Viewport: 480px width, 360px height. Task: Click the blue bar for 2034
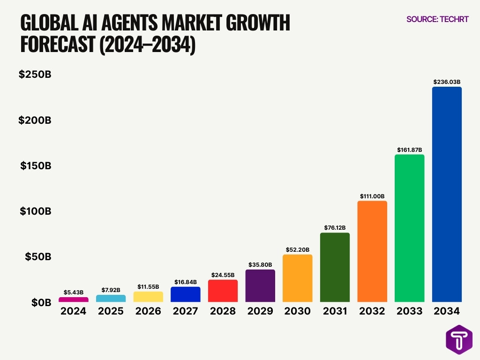click(447, 194)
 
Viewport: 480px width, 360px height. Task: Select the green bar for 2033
click(409, 228)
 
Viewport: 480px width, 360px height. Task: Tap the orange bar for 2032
click(372, 251)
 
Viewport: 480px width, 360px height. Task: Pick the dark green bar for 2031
click(335, 267)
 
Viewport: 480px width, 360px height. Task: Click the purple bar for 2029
click(260, 285)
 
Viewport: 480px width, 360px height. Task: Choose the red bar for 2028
click(223, 291)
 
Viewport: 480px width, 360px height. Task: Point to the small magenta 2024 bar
click(74, 299)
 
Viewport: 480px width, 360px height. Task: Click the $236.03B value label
click(447, 82)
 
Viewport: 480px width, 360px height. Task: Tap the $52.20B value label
click(297, 250)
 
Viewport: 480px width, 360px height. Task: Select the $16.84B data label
click(185, 282)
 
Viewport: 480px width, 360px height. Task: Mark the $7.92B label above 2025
click(111, 290)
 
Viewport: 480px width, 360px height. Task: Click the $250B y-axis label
click(35, 74)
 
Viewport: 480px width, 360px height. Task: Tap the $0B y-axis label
click(41, 303)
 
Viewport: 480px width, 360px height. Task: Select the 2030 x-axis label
click(297, 311)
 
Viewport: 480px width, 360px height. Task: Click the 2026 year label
click(148, 311)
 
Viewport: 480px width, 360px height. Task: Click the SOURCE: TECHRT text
click(437, 19)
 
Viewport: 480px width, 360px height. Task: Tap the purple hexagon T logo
click(459, 339)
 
